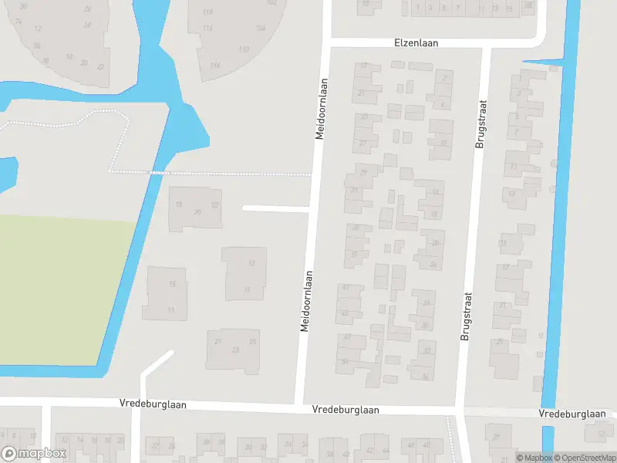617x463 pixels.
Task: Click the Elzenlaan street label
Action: point(416,43)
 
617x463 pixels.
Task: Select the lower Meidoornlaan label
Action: point(307,301)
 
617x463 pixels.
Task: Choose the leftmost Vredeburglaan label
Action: point(153,404)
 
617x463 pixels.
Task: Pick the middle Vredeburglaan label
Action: point(345,410)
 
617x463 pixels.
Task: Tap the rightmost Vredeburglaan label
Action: point(572,414)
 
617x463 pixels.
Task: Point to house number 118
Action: point(207,13)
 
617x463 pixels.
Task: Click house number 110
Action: point(244,49)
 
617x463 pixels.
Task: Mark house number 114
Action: point(214,66)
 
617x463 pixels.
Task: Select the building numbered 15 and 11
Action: point(164,294)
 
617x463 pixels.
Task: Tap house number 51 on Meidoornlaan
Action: point(345,361)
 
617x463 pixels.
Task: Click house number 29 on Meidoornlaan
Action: point(363,171)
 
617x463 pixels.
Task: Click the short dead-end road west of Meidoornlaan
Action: point(275,208)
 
